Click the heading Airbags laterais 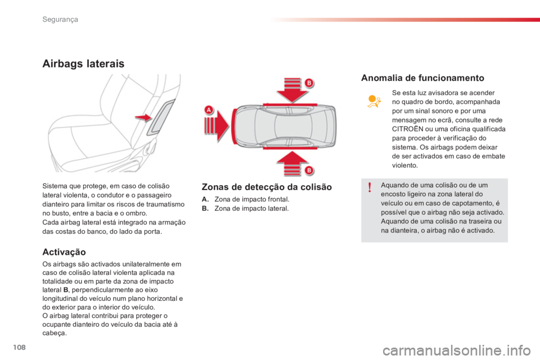click(x=83, y=64)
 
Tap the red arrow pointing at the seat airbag click(x=143, y=118)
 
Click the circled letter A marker click(x=209, y=110)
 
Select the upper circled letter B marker click(x=309, y=83)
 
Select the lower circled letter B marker click(x=309, y=170)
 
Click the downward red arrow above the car click(x=292, y=90)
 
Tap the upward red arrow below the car click(x=292, y=163)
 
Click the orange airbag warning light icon click(x=374, y=101)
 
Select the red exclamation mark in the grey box click(x=370, y=187)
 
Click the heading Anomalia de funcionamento click(x=422, y=78)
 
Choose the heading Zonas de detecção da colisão click(x=267, y=187)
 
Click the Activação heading click(x=64, y=252)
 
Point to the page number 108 click(x=19, y=347)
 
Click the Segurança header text click(x=60, y=19)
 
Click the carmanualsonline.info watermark click(x=457, y=350)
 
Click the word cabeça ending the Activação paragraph click(x=55, y=333)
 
